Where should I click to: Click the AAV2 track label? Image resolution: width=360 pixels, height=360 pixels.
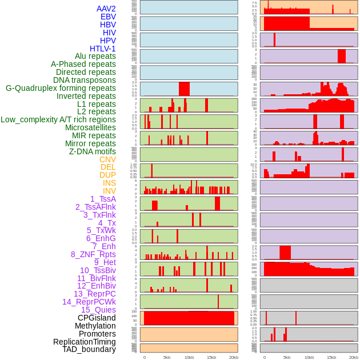pos(106,9)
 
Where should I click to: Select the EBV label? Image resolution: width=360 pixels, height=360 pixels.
pos(108,17)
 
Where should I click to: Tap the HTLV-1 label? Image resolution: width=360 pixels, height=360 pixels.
pos(103,49)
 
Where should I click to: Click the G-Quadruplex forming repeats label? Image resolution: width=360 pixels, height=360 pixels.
pos(61,88)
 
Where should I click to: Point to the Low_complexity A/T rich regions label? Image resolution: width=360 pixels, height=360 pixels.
pos(58,119)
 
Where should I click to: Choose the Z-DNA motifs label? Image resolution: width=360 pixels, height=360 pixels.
pos(93,151)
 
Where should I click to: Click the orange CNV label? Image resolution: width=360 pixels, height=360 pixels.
pos(107,159)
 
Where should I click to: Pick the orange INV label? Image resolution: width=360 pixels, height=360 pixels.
pos(109,191)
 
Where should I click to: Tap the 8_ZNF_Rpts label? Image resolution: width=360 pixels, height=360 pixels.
pos(93,254)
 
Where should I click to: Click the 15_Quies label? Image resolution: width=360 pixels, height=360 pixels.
pos(98,310)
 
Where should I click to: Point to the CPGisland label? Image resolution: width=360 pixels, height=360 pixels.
pos(97,318)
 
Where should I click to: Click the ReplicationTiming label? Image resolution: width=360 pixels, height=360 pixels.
pos(84,342)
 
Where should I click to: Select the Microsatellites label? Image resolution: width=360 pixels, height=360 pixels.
pos(90,127)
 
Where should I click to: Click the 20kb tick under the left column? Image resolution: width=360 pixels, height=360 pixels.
pos(233,357)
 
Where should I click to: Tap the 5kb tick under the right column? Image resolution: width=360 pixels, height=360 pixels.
pos(286,357)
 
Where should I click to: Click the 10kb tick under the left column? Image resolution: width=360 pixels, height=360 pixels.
pos(189,357)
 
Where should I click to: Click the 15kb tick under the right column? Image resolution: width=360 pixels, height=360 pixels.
pos(331,357)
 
